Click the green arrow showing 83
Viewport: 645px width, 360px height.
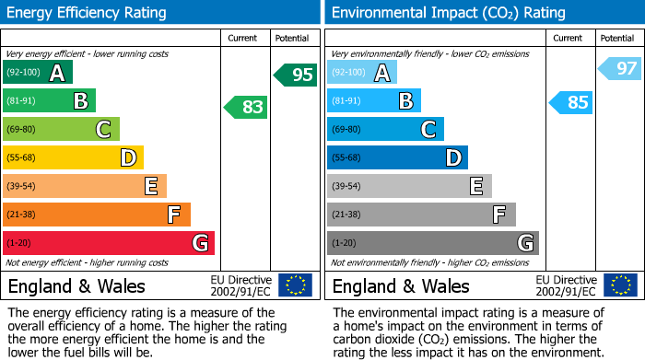click(x=246, y=107)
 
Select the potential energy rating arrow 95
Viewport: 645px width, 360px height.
click(x=296, y=75)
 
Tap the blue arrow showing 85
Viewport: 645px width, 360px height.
click(x=570, y=102)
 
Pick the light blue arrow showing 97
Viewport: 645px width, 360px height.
click(x=620, y=68)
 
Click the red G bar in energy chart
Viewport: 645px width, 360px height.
click(x=108, y=243)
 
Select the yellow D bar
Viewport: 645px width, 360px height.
click(x=73, y=157)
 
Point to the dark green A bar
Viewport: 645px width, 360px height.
click(x=37, y=72)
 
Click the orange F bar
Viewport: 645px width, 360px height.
click(x=96, y=215)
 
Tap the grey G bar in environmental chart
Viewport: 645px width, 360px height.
click(x=432, y=243)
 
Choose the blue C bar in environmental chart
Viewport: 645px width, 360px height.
click(x=385, y=129)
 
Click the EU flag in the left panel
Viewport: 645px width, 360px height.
click(x=296, y=285)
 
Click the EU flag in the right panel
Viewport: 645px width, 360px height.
click(x=620, y=285)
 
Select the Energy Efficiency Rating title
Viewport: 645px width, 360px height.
click(x=88, y=13)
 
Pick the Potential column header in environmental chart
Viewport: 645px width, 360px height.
click(x=616, y=38)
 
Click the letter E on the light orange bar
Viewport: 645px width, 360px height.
click(x=151, y=186)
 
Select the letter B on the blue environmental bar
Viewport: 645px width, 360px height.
click(x=405, y=100)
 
